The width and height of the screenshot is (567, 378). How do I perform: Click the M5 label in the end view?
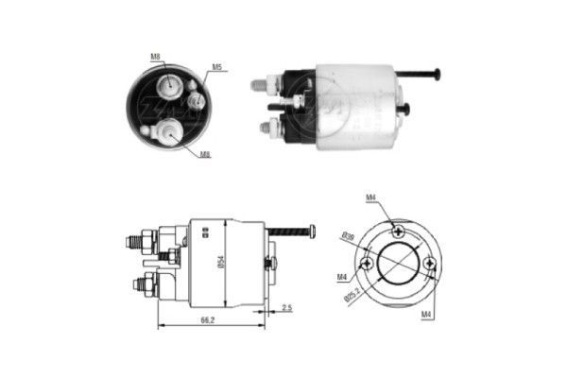pyautogui.click(x=216, y=67)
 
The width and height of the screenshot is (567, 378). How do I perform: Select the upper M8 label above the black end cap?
pyautogui.click(x=155, y=57)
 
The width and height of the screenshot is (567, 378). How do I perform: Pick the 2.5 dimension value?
pyautogui.click(x=285, y=308)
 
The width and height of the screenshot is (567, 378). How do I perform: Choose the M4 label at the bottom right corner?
pyautogui.click(x=426, y=313)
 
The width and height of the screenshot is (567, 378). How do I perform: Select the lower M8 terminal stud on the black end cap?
pyautogui.click(x=173, y=132)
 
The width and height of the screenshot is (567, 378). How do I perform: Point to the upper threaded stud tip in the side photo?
pyautogui.click(x=257, y=84)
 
